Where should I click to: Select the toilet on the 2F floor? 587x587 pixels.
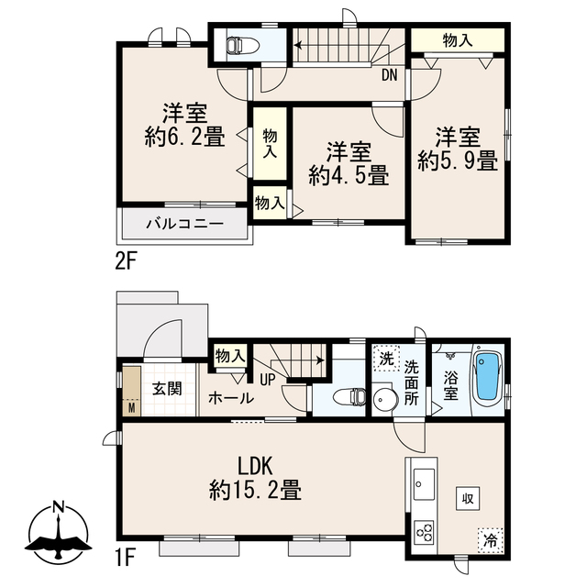[242, 46]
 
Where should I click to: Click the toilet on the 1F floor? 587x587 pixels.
[349, 397]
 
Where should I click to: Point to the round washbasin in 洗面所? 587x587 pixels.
[385, 400]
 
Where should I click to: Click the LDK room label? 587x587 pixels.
[256, 466]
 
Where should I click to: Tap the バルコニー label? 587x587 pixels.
[184, 224]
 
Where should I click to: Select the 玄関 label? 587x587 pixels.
[167, 389]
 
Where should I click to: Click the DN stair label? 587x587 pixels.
[389, 75]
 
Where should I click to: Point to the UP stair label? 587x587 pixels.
[268, 381]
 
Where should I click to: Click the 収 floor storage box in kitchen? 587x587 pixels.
[468, 498]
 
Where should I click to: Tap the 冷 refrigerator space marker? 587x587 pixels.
[490, 540]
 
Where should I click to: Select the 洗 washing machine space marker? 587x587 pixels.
[387, 359]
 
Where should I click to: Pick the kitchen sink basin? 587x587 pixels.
[424, 484]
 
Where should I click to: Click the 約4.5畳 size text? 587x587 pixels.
[349, 175]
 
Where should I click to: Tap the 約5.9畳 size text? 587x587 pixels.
[458, 161]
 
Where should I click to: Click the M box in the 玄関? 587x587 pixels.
[132, 407]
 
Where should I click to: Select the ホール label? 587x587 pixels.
[231, 398]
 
